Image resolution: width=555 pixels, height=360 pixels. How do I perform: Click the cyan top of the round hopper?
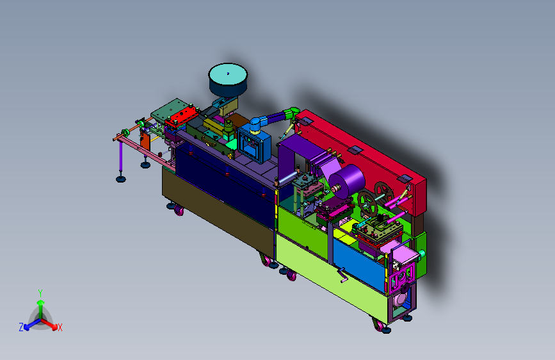click(x=228, y=74)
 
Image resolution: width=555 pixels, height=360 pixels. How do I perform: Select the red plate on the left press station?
click(x=182, y=116)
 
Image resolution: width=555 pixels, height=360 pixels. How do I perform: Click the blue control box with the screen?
click(x=253, y=145)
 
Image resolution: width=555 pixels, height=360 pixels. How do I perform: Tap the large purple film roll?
click(x=347, y=181)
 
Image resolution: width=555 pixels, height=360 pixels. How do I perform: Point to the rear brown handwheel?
click(x=384, y=193)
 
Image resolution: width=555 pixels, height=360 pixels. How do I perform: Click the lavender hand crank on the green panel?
click(x=342, y=276)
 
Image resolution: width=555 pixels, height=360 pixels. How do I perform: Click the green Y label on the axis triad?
click(x=40, y=293)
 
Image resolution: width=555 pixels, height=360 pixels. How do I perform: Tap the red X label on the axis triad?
click(x=60, y=328)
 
